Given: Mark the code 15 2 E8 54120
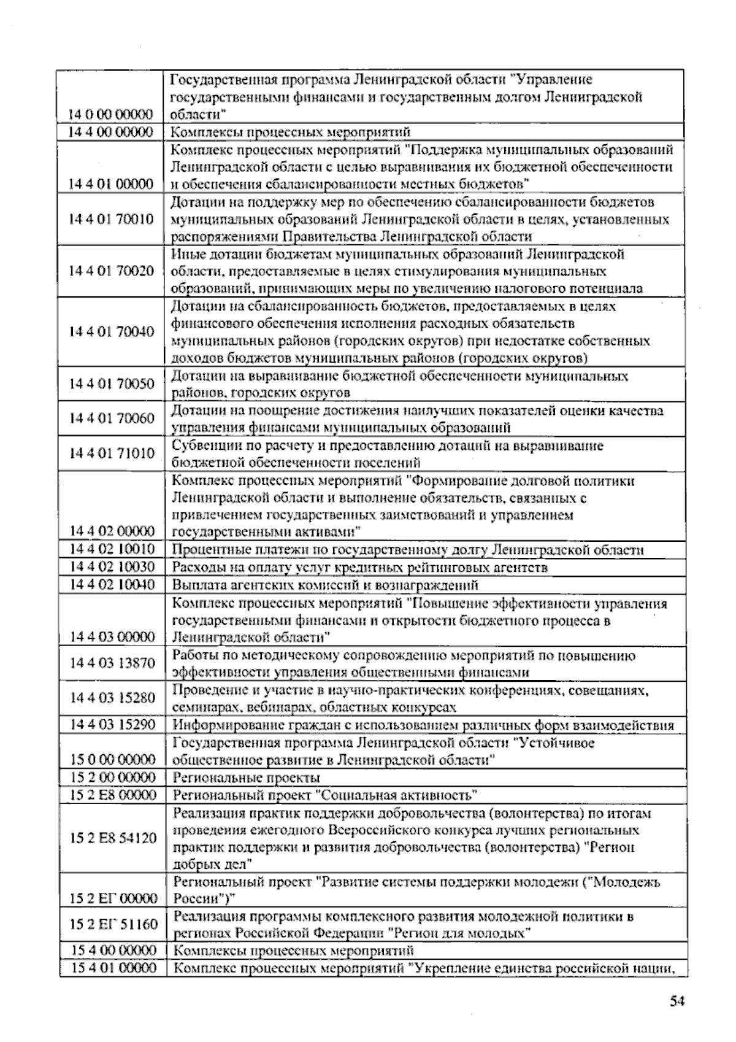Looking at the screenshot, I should pyautogui.click(x=113, y=838).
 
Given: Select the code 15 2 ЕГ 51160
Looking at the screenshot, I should pyautogui.click(x=113, y=924).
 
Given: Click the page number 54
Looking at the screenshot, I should pyautogui.click(x=676, y=1001).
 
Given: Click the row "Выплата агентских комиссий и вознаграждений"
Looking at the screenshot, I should pyautogui.click(x=325, y=585).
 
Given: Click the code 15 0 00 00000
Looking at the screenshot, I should pyautogui.click(x=113, y=760).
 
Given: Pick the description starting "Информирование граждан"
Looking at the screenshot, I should pyautogui.click(x=423, y=725).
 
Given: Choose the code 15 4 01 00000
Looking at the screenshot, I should pyautogui.click(x=113, y=968).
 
